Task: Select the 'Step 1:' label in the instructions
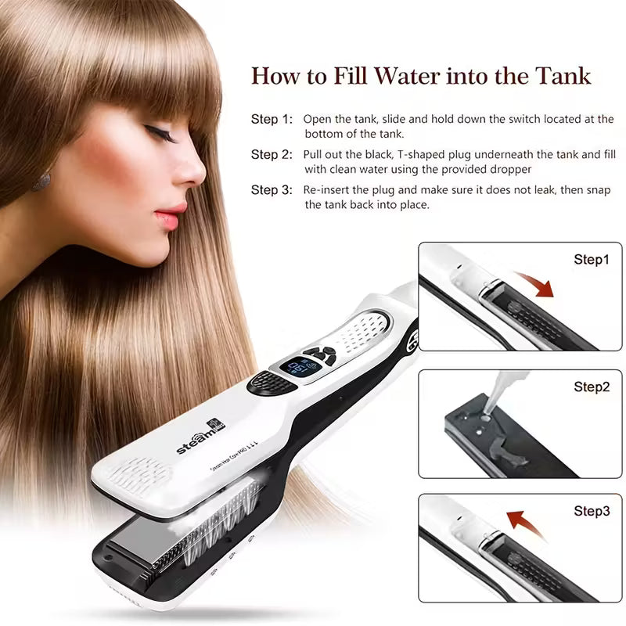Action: tap(272, 120)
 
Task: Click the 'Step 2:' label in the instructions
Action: tap(272, 155)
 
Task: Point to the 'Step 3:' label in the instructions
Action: tap(272, 190)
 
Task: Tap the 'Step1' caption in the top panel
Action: tap(592, 260)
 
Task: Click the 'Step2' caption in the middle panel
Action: tap(592, 387)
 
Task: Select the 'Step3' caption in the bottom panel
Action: tap(592, 512)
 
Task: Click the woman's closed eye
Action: tap(165, 133)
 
